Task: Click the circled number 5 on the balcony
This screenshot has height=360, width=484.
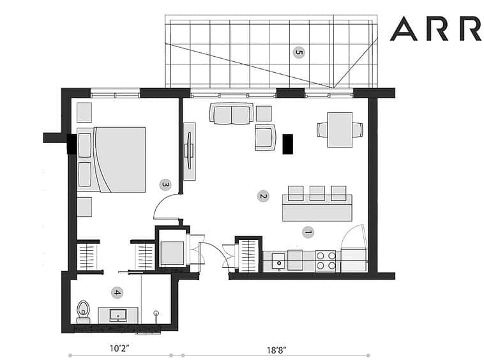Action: click(x=298, y=52)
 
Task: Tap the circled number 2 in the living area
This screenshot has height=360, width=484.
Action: click(x=263, y=196)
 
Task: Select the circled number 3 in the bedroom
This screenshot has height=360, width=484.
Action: click(x=165, y=184)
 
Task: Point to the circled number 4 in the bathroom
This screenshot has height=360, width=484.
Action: click(x=117, y=292)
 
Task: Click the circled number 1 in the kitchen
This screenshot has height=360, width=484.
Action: click(x=308, y=232)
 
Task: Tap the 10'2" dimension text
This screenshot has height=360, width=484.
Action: click(x=119, y=349)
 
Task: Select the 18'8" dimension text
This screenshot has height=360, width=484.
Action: click(x=276, y=350)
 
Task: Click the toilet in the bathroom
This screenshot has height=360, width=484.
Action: click(x=83, y=311)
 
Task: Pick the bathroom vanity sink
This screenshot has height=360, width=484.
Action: click(x=118, y=315)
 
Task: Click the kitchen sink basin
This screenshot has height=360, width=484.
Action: click(x=279, y=262)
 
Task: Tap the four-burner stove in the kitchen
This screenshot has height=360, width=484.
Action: click(x=326, y=261)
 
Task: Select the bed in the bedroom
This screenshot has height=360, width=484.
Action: click(x=111, y=160)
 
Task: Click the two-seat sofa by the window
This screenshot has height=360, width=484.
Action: click(x=232, y=113)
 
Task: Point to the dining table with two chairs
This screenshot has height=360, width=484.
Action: click(x=340, y=130)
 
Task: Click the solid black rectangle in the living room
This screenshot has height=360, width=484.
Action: click(x=288, y=144)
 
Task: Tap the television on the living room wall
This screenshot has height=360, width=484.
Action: click(x=189, y=151)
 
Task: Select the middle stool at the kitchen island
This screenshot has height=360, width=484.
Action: click(x=317, y=193)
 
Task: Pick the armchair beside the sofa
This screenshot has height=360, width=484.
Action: click(x=265, y=137)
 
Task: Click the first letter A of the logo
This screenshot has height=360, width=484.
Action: click(x=404, y=29)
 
